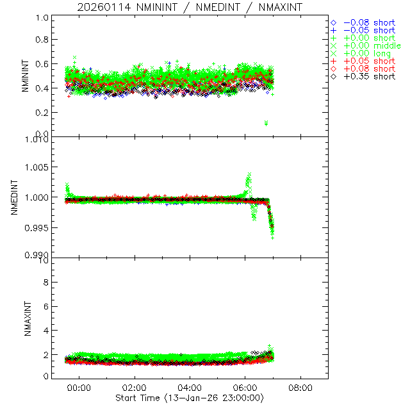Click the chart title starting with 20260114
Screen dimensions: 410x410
(189, 7)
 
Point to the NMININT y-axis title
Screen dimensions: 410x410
(25, 76)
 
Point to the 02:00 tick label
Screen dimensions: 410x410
(135, 388)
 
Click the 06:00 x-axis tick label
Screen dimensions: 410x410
(245, 388)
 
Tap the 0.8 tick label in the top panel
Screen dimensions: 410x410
(42, 40)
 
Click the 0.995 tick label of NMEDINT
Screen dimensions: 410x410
(37, 227)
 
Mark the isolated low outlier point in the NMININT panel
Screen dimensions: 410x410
(266, 123)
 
